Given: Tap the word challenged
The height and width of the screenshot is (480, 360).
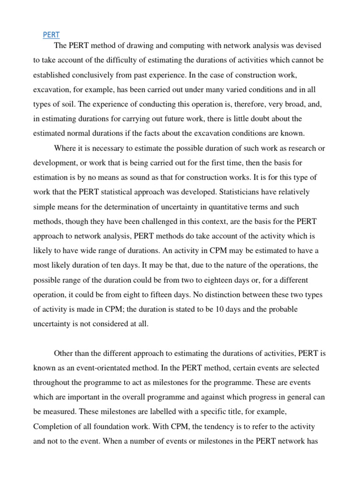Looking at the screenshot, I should point(161,221).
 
